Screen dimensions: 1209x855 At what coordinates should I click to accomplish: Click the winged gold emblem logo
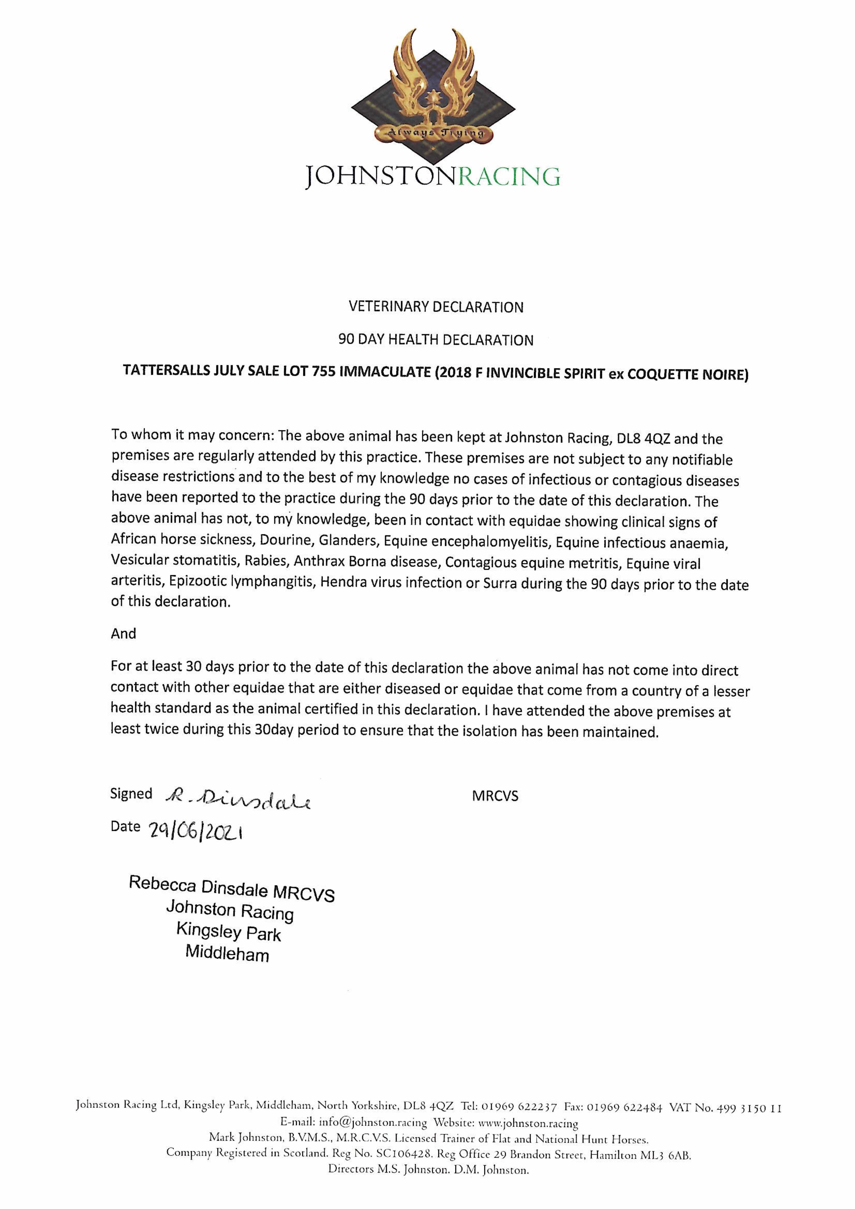(433, 92)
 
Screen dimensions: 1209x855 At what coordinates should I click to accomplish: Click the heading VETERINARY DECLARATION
(436, 307)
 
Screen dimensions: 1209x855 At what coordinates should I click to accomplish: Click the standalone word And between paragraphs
(123, 634)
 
